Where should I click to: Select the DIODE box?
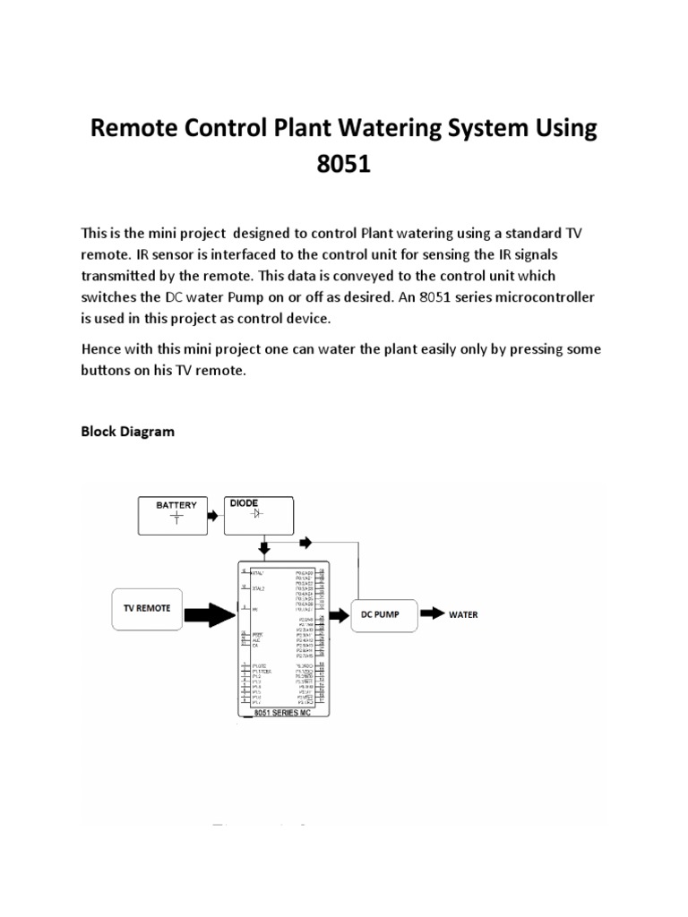coord(257,513)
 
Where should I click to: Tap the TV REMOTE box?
coord(147,612)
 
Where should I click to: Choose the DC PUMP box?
coord(383,615)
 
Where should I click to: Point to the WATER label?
coord(463,615)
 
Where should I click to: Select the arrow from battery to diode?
coord(212,516)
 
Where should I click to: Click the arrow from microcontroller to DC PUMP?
coord(340,615)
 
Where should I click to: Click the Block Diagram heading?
coord(128,432)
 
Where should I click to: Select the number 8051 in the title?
coord(344,167)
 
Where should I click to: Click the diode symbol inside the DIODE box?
coord(257,514)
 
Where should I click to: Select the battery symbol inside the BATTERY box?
coord(176,517)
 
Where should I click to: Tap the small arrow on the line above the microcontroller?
coord(305,543)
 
